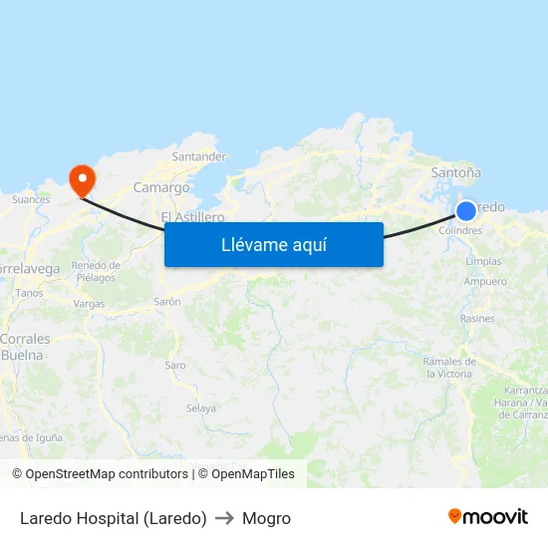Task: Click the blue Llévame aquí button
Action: coord(273,244)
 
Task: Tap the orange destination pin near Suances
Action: coord(81,179)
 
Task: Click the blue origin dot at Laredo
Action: coord(466,210)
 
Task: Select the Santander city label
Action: coord(199,156)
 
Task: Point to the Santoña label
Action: coord(455,172)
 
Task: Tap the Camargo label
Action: coord(161,187)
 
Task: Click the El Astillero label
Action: coord(192,216)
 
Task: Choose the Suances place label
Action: coord(30,199)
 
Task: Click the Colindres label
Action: coord(460,231)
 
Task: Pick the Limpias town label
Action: coord(483,261)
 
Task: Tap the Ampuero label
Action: coord(485,281)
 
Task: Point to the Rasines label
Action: coord(477,319)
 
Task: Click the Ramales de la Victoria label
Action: coord(448,368)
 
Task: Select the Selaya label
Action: coord(201,409)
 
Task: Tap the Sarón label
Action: coord(167,301)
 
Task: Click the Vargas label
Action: coord(89,304)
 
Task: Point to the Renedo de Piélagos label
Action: coord(97,271)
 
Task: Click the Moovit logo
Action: coord(487,516)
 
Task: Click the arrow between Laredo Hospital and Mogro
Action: coord(224,518)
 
